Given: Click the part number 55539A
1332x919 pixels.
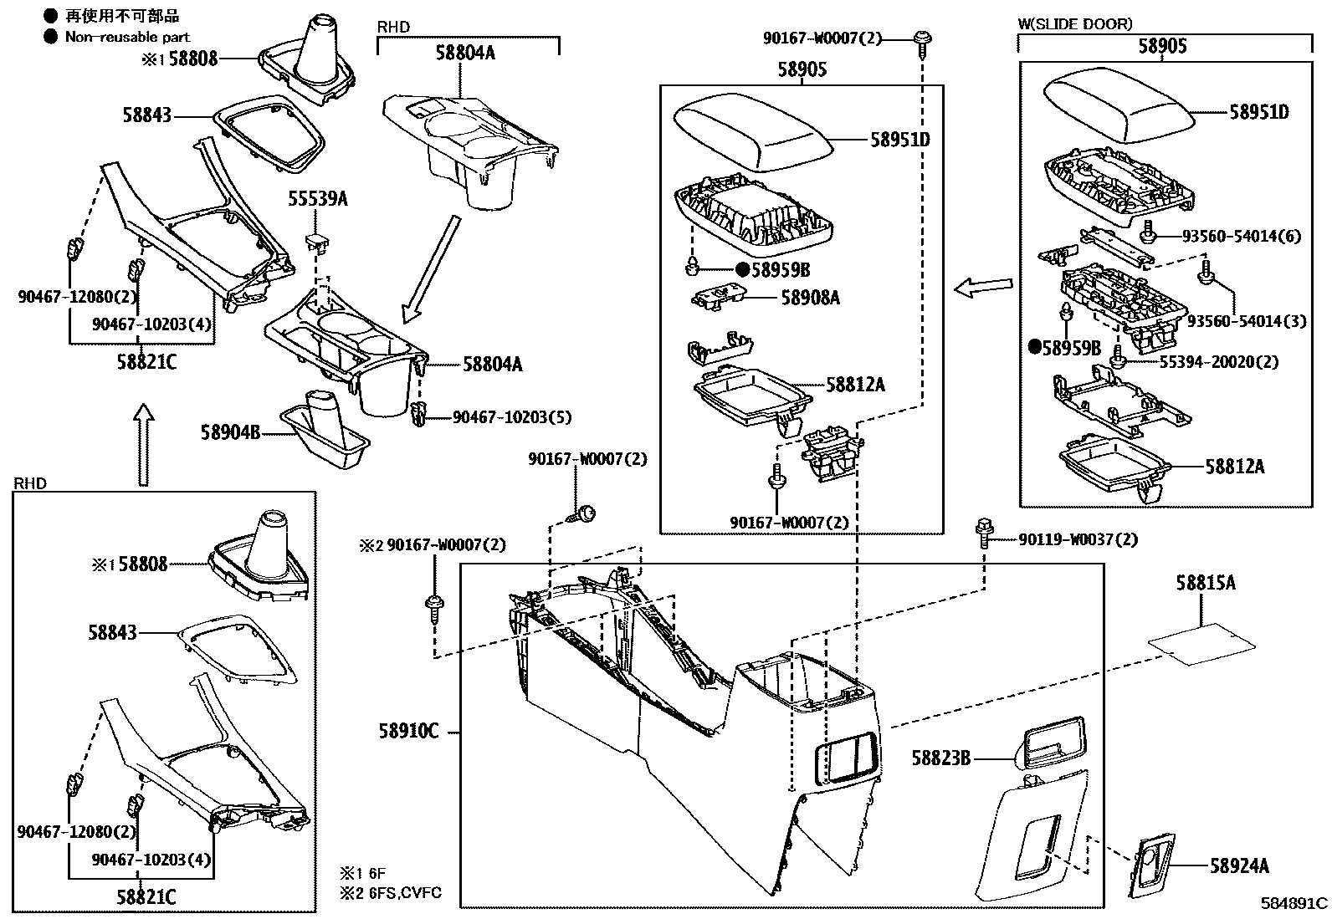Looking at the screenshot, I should pos(317,199).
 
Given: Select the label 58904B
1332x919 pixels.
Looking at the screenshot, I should pos(230,432).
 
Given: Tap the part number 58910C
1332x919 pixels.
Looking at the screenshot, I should pos(407,732).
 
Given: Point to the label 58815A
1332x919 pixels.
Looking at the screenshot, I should pos(1205,583).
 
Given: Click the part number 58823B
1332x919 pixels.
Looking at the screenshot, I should pos(940,758).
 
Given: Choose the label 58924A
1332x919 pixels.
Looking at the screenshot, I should pos(1239,866).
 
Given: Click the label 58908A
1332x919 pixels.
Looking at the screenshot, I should pos(810,297).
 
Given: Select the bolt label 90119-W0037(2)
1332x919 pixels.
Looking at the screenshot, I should pos(1078,539).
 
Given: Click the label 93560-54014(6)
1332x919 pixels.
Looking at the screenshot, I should pos(1242,237).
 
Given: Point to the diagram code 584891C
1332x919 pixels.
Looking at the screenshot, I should pos(1294,903).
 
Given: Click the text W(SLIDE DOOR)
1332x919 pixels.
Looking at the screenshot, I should pos(1074,24).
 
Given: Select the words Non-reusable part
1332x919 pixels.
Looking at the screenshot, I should pos(127,37).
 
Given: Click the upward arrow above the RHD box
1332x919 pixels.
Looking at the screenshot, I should pos(145,443).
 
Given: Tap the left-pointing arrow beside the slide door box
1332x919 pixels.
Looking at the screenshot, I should pos(982,288).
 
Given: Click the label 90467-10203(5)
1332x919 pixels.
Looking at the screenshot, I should pos(512,416).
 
